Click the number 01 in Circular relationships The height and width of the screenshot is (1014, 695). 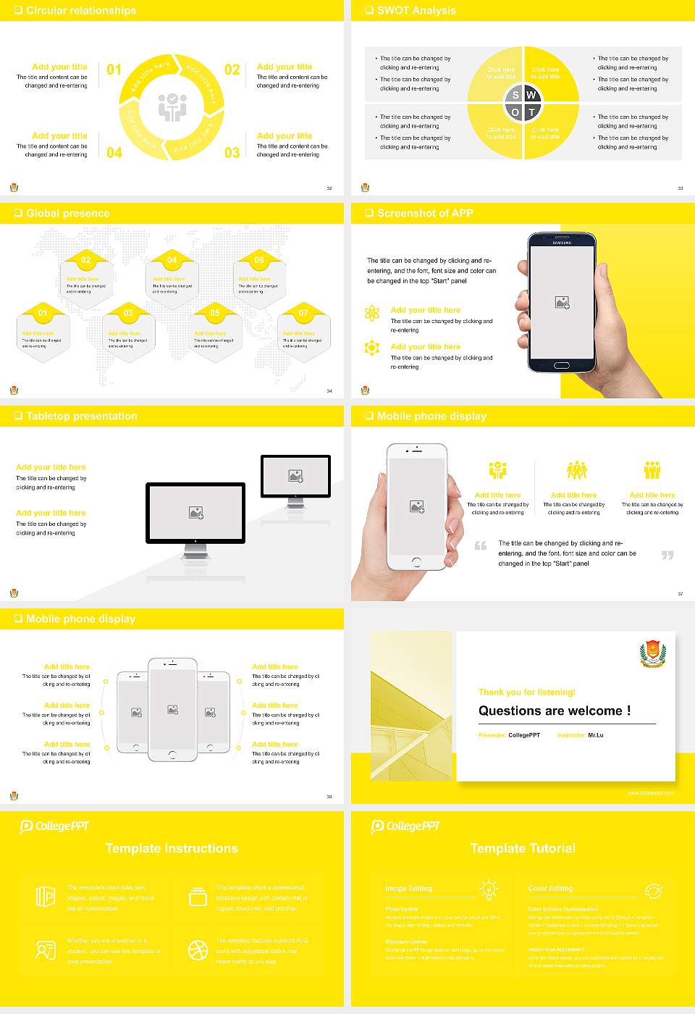(114, 70)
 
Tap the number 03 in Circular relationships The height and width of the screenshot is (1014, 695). (232, 152)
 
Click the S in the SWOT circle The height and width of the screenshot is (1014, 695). (515, 95)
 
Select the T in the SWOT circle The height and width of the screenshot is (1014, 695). (531, 112)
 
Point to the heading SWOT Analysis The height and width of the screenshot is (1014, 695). (416, 10)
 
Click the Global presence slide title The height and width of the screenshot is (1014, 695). (67, 213)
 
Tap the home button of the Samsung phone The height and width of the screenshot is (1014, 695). (562, 366)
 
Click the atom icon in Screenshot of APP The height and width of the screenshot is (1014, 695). (372, 313)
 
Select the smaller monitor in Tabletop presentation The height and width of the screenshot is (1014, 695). (295, 477)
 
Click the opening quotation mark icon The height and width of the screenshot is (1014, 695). (481, 545)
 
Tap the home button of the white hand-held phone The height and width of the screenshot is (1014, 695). (416, 562)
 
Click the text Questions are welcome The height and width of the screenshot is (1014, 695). (554, 711)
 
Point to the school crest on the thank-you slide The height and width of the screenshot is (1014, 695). (653, 653)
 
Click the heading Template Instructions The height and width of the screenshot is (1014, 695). (172, 848)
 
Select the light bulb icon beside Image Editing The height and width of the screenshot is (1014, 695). (489, 889)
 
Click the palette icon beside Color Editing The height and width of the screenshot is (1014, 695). (653, 889)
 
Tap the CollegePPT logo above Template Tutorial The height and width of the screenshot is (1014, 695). (405, 826)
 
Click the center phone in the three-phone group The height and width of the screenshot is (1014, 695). (172, 710)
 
